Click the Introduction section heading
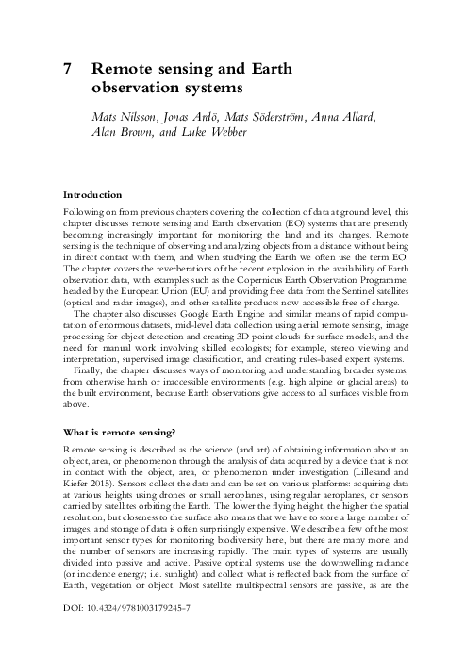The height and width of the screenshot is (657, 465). point(95,194)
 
